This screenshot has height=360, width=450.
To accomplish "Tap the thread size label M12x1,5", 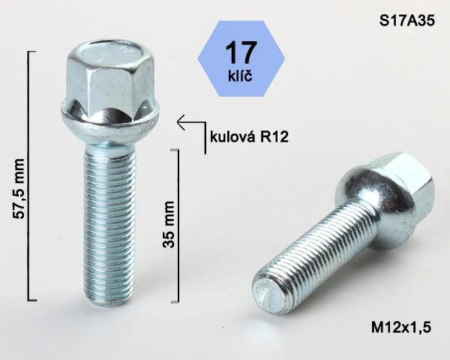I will tap(401, 327).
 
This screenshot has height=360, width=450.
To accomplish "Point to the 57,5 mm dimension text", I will tap(20, 189).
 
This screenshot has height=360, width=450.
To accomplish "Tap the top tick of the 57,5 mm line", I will tap(31, 51).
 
